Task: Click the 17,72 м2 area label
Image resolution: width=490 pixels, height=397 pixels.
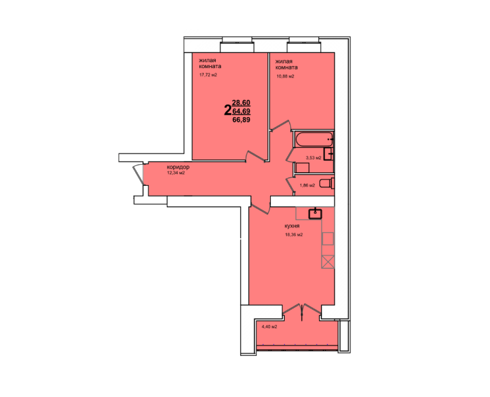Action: (x=208, y=75)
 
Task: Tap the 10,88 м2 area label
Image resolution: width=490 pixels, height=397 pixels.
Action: (x=285, y=76)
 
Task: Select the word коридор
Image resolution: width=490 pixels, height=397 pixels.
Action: (x=178, y=167)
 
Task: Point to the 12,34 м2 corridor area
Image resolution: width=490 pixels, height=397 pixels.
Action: (x=176, y=173)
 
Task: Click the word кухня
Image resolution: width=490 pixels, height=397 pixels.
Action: (x=292, y=226)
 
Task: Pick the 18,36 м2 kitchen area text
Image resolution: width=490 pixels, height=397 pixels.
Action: (x=294, y=235)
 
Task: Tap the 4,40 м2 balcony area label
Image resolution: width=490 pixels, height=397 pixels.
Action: (x=269, y=327)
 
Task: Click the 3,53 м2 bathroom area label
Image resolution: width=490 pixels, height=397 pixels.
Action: (x=313, y=157)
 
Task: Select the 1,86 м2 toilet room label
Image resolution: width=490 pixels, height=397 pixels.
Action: (x=307, y=185)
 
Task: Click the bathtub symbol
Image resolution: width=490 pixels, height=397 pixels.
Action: (x=314, y=140)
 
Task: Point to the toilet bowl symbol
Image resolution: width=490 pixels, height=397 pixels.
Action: (x=327, y=183)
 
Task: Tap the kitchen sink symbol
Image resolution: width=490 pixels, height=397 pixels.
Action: (x=316, y=213)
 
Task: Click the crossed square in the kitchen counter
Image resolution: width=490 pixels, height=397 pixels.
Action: (x=328, y=262)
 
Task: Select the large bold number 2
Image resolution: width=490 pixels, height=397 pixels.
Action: (x=228, y=110)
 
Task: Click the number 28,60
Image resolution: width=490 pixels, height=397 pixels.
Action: (x=241, y=103)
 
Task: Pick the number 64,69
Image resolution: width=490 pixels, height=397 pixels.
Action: (x=241, y=111)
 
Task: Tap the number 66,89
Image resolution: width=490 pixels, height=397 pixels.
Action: (x=241, y=120)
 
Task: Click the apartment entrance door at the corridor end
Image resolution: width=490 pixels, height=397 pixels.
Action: (x=138, y=174)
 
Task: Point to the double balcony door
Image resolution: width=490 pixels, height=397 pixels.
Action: (x=302, y=312)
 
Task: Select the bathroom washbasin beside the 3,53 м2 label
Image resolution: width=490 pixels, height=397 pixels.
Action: (x=328, y=154)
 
